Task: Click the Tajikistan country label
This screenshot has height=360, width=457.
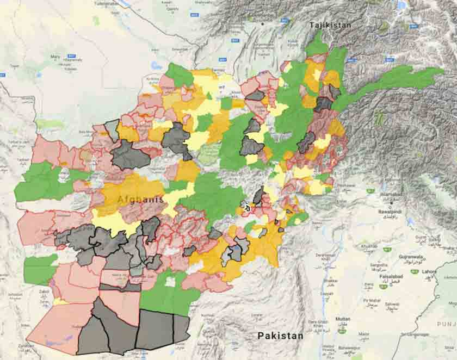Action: pyautogui.click(x=330, y=26)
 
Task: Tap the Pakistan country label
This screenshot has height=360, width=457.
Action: pyautogui.click(x=280, y=335)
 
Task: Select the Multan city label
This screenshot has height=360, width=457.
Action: pyautogui.click(x=343, y=319)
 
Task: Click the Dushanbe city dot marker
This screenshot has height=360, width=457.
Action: pyautogui.click(x=263, y=23)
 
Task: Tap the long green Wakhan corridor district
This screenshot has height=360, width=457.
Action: pyautogui.click(x=392, y=82)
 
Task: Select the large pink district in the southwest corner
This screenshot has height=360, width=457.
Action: pyautogui.click(x=60, y=326)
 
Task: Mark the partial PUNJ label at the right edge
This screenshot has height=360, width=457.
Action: pyautogui.click(x=447, y=324)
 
